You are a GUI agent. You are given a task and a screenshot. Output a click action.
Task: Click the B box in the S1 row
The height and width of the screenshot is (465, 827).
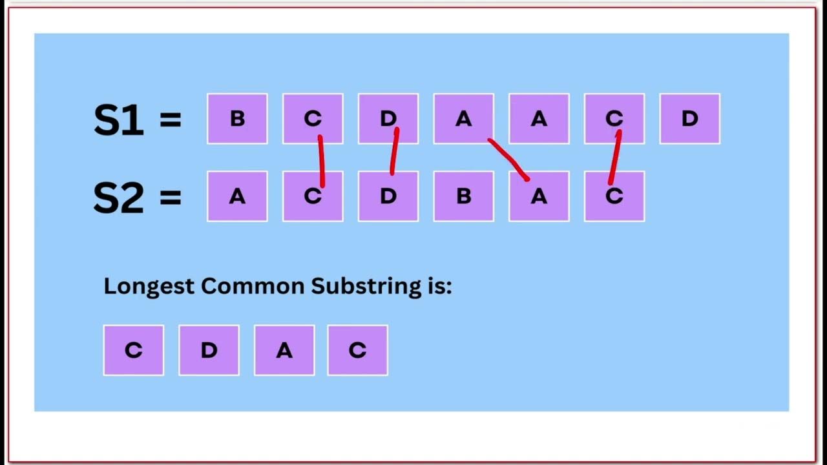pos(237,119)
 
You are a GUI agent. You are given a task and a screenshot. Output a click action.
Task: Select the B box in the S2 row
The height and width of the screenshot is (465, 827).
pos(463,196)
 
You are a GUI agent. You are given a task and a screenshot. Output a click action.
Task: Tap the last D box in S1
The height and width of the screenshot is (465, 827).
pos(689,119)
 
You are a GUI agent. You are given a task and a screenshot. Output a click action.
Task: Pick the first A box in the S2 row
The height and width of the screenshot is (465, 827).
pos(237,196)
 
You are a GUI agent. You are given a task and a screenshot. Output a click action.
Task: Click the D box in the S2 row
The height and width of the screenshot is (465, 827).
pos(388,196)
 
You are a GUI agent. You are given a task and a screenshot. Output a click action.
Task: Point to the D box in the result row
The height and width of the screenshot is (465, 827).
pos(209,350)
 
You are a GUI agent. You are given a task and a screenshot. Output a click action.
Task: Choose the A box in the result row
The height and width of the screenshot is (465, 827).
pos(284,350)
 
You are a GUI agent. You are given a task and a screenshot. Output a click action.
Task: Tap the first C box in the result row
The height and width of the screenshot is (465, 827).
pos(133,350)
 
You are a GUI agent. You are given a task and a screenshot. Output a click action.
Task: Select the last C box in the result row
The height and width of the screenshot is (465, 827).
pos(357,350)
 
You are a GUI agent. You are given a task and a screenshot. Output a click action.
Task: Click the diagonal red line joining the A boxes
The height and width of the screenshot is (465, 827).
pos(509,158)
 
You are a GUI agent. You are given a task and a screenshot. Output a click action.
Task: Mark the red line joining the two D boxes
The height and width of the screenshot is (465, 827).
pos(394,152)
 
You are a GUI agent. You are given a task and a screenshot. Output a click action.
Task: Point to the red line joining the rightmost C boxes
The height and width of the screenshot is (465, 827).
pos(614,158)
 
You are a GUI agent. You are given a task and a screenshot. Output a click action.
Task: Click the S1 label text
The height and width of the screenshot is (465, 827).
pos(118,120)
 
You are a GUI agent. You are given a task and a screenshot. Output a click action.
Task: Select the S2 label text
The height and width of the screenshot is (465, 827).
pos(118,198)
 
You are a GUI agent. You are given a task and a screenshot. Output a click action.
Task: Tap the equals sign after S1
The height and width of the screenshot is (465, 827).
pos(170,120)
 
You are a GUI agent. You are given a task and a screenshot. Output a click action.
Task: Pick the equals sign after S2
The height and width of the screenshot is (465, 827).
pos(170,198)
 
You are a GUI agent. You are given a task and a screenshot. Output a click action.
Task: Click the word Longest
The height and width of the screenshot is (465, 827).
pos(149,286)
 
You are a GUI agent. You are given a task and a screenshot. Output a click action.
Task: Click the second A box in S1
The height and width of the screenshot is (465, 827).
pos(539,119)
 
